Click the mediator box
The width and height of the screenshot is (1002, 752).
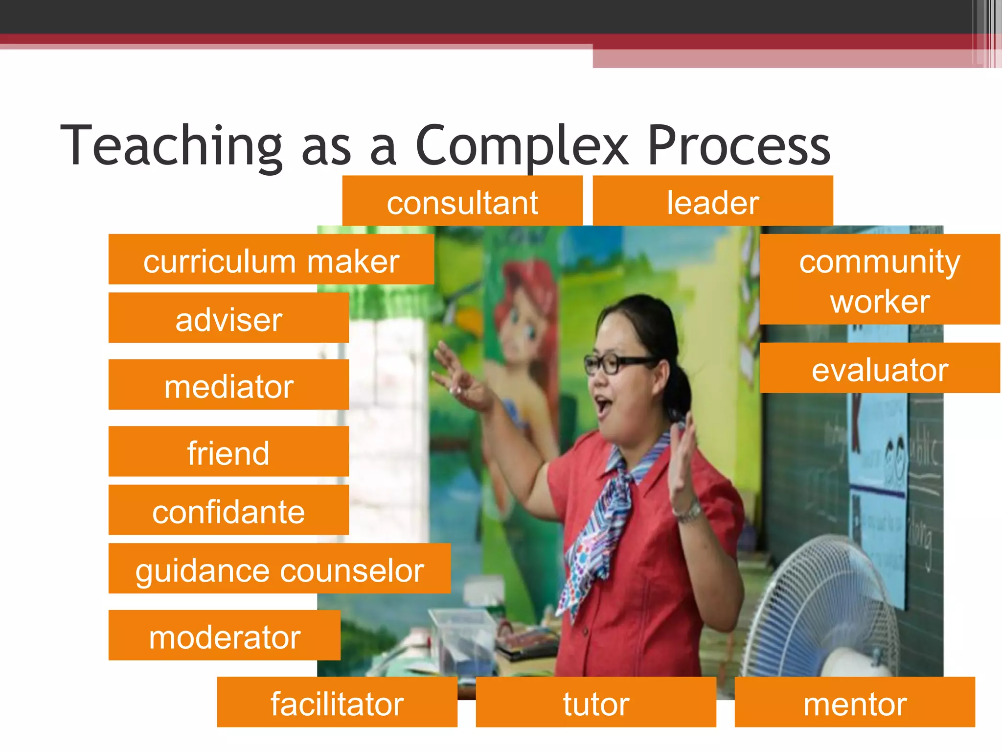click(x=228, y=385)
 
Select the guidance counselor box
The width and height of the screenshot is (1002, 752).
click(x=279, y=569)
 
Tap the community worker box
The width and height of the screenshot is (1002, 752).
click(x=879, y=280)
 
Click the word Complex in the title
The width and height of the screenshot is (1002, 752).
click(x=522, y=146)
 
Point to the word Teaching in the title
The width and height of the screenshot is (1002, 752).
click(x=171, y=146)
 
